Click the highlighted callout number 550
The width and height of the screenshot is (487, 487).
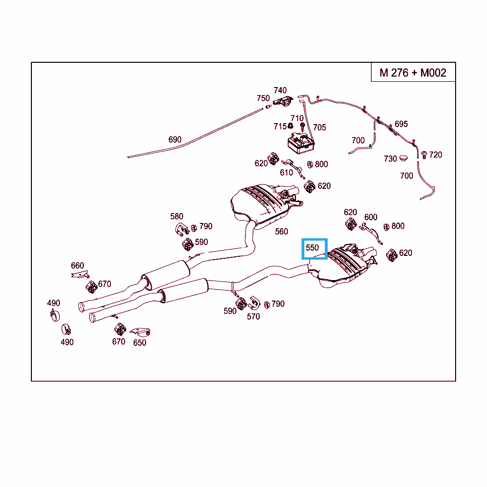[312, 248]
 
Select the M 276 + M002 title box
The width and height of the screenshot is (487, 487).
[413, 73]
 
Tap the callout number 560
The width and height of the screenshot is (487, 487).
[282, 232]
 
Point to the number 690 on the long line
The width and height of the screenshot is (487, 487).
[175, 140]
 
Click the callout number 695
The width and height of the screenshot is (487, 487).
[401, 124]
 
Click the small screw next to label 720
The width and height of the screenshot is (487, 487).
[423, 155]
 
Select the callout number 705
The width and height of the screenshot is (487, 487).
[320, 127]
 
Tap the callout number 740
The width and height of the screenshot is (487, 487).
[280, 90]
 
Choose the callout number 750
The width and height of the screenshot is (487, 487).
[263, 98]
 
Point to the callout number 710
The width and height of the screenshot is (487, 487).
[297, 118]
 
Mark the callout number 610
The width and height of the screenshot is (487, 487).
[286, 173]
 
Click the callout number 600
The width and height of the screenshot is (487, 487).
[371, 217]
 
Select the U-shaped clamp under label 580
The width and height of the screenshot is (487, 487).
[181, 229]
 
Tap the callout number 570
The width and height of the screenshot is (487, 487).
[253, 316]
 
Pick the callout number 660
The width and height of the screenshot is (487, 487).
[78, 266]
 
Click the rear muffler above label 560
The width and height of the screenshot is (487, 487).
[259, 202]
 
